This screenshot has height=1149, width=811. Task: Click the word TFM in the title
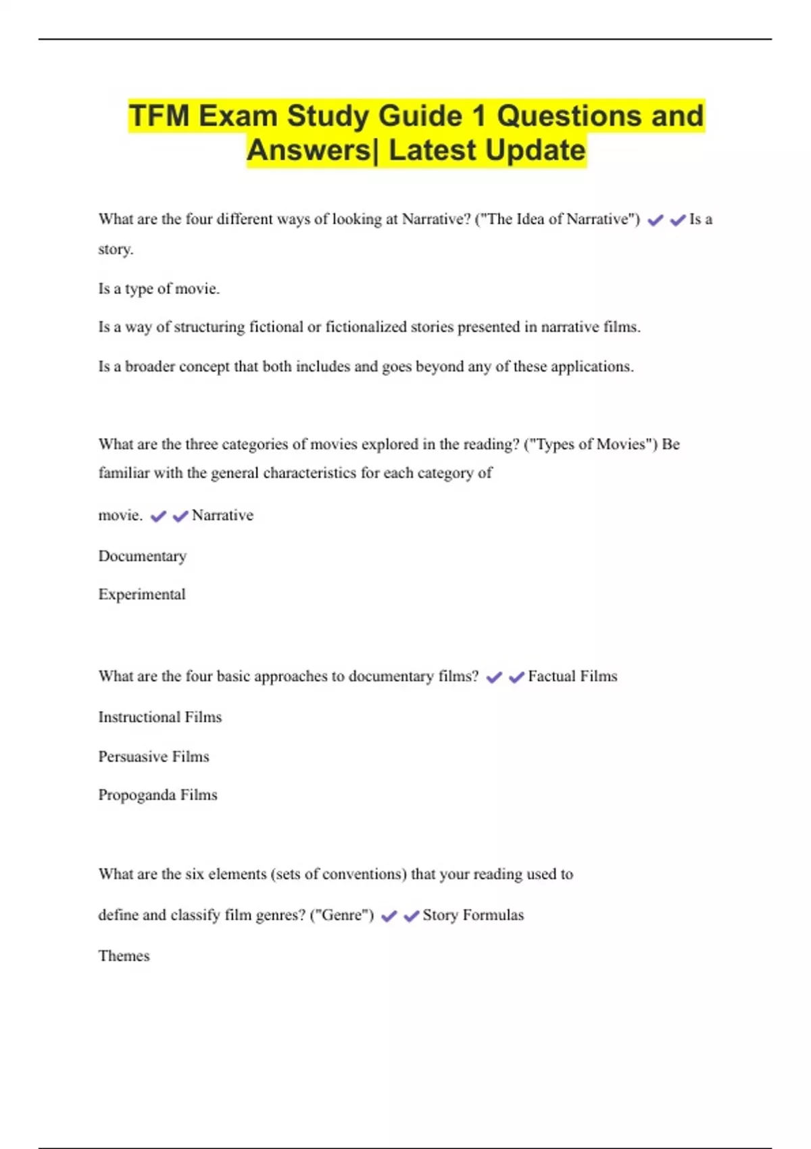click(x=159, y=116)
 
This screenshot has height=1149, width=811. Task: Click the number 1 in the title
click(x=478, y=116)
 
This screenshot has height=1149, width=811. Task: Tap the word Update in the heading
click(x=535, y=150)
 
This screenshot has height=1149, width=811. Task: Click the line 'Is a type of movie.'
click(x=159, y=289)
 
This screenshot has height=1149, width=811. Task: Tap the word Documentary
click(x=142, y=556)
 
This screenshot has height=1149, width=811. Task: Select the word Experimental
click(x=142, y=595)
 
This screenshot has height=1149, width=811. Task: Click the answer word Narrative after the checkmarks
click(x=222, y=516)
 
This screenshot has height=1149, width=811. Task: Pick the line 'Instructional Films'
click(x=159, y=717)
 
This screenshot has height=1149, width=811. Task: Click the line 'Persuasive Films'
click(x=153, y=756)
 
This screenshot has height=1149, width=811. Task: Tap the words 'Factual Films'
click(x=572, y=677)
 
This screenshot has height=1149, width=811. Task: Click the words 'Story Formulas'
click(x=473, y=915)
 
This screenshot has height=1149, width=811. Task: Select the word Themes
click(x=124, y=956)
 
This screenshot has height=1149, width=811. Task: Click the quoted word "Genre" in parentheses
click(x=341, y=915)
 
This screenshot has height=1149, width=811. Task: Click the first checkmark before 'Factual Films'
click(x=494, y=677)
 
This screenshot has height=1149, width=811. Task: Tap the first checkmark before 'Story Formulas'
click(x=389, y=916)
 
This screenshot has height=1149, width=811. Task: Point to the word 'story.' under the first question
click(x=116, y=249)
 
